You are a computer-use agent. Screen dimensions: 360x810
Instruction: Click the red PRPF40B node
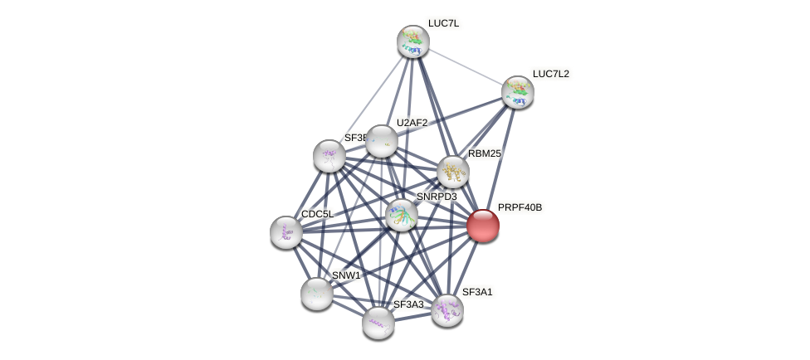click(x=483, y=226)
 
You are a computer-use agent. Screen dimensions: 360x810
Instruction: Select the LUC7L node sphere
click(x=412, y=41)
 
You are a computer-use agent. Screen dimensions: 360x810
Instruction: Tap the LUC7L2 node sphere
click(x=517, y=92)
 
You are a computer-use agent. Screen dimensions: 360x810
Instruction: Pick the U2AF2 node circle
click(x=382, y=141)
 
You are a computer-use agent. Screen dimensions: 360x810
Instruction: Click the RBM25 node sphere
click(x=453, y=172)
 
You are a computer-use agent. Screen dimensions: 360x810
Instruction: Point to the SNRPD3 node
click(x=402, y=215)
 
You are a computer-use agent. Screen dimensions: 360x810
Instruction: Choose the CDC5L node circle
click(x=286, y=232)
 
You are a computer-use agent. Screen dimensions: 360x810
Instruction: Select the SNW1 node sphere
click(x=317, y=293)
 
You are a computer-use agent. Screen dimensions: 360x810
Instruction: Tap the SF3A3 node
click(x=378, y=322)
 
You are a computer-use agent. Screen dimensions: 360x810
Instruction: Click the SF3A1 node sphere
click(x=447, y=310)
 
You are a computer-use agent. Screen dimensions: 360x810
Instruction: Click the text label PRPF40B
click(x=520, y=207)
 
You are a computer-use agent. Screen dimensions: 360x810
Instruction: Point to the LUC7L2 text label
click(x=551, y=74)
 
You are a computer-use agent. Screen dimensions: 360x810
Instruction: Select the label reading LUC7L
click(x=443, y=23)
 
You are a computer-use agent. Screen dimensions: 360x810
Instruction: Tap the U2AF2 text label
click(x=412, y=123)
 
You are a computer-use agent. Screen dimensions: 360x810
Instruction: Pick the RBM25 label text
click(x=484, y=153)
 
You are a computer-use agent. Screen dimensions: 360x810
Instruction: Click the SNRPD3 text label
click(x=437, y=197)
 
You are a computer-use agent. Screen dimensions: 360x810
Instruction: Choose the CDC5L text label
click(x=317, y=214)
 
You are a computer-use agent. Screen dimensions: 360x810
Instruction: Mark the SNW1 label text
click(x=346, y=275)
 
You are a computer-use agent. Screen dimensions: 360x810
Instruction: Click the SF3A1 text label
click(x=477, y=292)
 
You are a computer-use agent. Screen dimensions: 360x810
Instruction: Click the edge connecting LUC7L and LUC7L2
click(x=465, y=66)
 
